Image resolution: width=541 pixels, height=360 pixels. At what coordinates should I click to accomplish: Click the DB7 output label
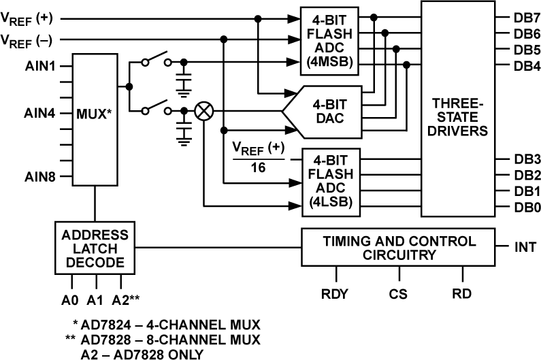[x=527, y=17]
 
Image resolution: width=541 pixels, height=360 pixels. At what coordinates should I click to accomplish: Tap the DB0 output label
[x=527, y=208]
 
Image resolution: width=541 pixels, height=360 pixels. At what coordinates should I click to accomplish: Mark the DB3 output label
[x=527, y=159]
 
